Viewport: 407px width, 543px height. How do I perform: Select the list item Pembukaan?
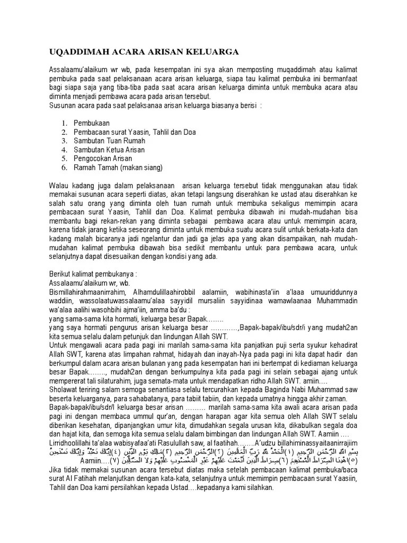(96, 123)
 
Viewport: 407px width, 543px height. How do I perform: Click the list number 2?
(63, 132)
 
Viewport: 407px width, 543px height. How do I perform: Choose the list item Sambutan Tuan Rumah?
(113, 141)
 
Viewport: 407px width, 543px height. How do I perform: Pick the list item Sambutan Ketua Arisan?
(114, 150)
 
